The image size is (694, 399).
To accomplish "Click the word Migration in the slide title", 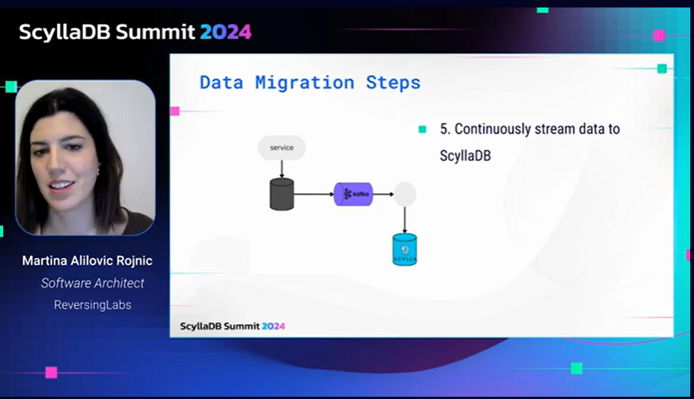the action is (305, 82).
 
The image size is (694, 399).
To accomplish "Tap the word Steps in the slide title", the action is (393, 83).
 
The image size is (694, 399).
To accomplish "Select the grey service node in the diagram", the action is (282, 147).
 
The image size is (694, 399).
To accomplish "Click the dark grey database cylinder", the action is (282, 194).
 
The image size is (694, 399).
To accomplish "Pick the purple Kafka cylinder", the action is (353, 194).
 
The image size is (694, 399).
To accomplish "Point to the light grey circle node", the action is (404, 194).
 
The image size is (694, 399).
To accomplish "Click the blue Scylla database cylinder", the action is (404, 249).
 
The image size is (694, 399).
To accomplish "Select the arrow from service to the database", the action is (282, 169).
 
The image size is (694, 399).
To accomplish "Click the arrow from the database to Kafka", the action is (314, 194).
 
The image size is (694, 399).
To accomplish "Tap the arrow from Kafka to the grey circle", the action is (383, 194).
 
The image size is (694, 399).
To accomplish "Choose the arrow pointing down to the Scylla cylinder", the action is (404, 220).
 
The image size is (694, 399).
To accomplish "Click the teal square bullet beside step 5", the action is (422, 130).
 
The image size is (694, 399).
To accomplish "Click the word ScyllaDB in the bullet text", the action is (465, 156).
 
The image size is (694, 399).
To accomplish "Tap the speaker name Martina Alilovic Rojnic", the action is (87, 261).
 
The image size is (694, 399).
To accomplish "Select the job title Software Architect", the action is (93, 283).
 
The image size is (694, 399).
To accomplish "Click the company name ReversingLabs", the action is (93, 305).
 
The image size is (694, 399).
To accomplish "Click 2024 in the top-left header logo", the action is (226, 32).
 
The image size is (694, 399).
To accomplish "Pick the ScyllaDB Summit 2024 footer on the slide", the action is (232, 326).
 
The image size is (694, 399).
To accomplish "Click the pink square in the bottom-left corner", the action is (52, 373).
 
